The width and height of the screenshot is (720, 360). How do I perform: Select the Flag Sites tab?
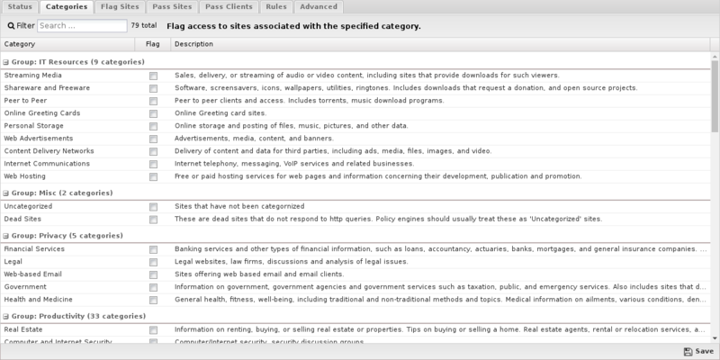point(119,7)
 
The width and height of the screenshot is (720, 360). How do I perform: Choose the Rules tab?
point(275,7)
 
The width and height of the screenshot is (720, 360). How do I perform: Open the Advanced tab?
point(319,7)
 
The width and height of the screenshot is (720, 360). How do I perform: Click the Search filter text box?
point(82,26)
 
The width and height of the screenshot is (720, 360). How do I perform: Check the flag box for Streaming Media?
point(154,76)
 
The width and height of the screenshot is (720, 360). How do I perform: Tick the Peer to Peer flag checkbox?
point(154,101)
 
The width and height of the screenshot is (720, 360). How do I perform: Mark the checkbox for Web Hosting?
point(154,176)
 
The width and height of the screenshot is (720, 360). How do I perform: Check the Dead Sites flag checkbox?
point(154,220)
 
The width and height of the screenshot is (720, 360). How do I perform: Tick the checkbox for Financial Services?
point(154,249)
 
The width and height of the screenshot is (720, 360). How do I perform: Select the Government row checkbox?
point(154,287)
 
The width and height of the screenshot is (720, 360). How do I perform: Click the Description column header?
point(189,43)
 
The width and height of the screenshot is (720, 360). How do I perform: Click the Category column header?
point(20,43)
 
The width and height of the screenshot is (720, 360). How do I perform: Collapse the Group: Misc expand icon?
point(5,193)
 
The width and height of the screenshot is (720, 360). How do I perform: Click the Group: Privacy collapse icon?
point(5,236)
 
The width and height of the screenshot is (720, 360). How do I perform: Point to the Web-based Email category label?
point(31,274)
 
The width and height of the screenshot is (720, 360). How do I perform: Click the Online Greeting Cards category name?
point(42,113)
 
